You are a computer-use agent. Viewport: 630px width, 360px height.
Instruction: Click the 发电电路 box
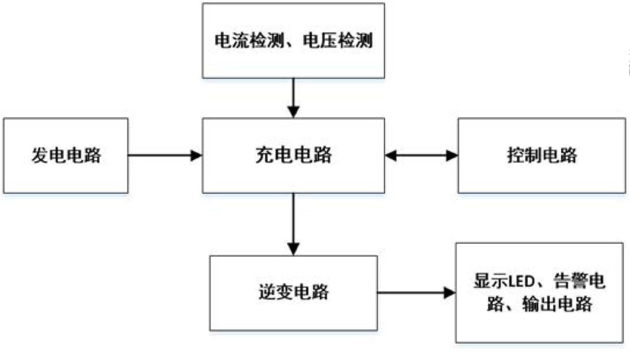coord(65,156)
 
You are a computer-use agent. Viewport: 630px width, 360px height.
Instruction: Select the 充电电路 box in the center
coord(293,156)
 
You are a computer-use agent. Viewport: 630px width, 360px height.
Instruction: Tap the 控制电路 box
coord(542,156)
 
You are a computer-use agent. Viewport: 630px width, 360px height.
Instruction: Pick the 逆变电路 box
coord(293,292)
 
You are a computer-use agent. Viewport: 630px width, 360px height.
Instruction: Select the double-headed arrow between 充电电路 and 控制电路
coord(421,156)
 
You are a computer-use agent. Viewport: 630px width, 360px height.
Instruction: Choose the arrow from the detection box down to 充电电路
coord(293,97)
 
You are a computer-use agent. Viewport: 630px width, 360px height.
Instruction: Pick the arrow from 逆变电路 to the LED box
coord(416,292)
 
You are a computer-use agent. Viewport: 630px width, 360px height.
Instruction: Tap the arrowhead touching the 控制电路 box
coord(452,156)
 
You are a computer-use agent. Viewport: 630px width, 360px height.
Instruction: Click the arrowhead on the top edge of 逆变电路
coord(293,249)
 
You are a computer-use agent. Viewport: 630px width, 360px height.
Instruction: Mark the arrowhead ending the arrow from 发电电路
coord(197,156)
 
